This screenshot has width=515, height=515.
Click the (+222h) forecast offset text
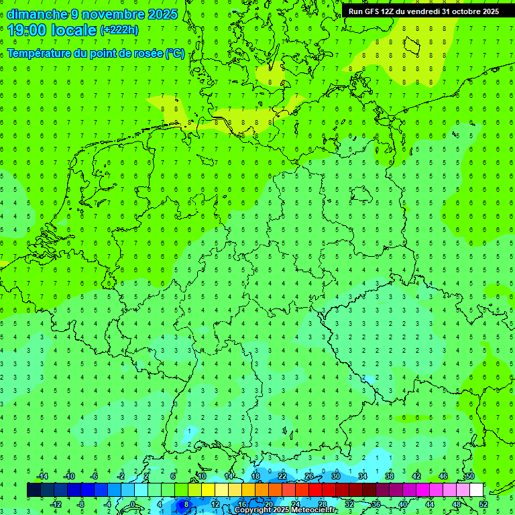119,30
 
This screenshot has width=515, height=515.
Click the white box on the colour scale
476,490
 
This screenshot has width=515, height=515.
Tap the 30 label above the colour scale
336,476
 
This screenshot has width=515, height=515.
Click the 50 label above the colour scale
469,476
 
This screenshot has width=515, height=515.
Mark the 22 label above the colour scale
282,476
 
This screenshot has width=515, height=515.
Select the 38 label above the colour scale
390,476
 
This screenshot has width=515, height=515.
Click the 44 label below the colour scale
430,504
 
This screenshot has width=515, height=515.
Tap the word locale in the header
75,30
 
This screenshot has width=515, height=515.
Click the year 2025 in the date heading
162,14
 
